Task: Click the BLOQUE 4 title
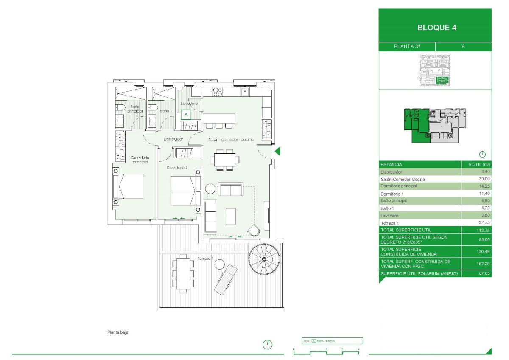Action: pyautogui.click(x=435, y=28)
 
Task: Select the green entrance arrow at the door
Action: pyautogui.click(x=277, y=151)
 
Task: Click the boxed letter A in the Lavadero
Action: pyautogui.click(x=186, y=114)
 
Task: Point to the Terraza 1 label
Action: pyautogui.click(x=205, y=259)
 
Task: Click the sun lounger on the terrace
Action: pyautogui.click(x=225, y=278)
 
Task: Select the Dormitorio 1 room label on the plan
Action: pyautogui.click(x=177, y=168)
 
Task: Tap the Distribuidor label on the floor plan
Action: pyautogui.click(x=173, y=139)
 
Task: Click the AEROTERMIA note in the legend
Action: pyautogui.click(x=326, y=340)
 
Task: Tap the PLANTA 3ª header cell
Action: pyautogui.click(x=407, y=47)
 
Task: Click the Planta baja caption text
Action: pyautogui.click(x=117, y=332)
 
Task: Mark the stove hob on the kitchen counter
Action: pyautogui.click(x=218, y=92)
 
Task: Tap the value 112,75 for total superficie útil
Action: pyautogui.click(x=483, y=230)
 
